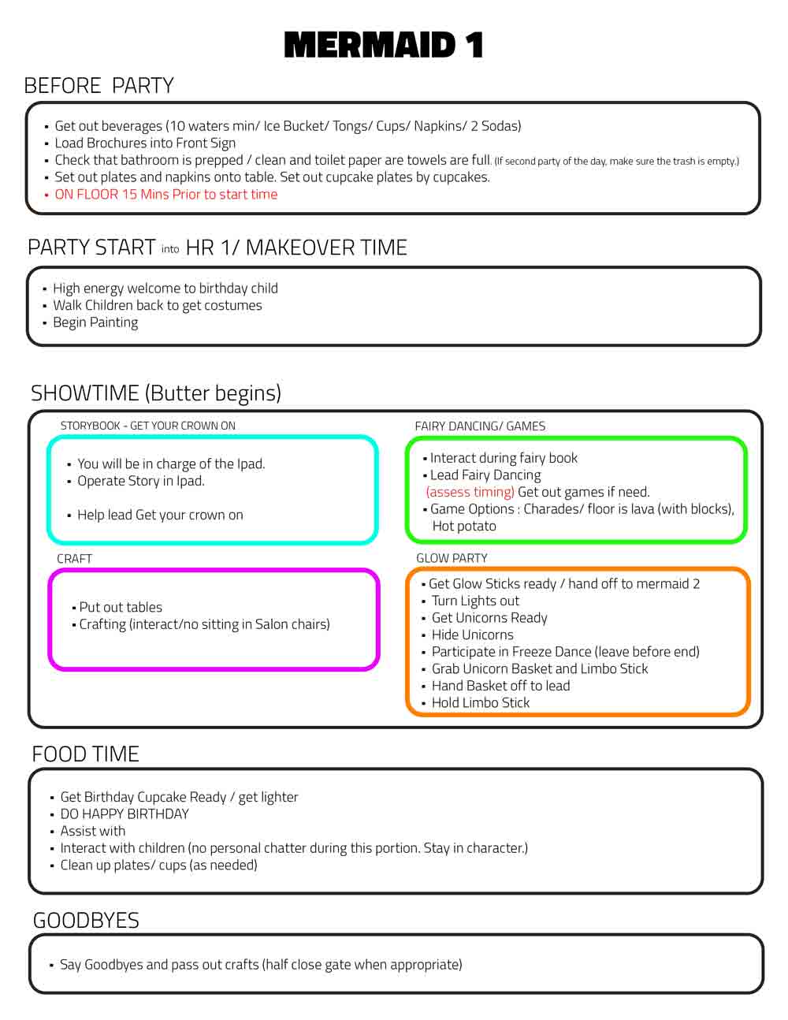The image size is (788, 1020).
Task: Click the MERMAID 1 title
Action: pos(384,45)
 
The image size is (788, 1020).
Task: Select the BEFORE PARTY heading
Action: pos(99,86)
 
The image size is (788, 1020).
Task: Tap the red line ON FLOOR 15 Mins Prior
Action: pos(166,195)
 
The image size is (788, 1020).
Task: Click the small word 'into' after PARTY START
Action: pos(170,249)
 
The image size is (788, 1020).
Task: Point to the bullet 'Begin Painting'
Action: pos(95,323)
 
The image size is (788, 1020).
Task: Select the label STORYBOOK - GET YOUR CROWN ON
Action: pos(148,426)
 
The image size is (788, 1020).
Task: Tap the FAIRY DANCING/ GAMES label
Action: pos(480,426)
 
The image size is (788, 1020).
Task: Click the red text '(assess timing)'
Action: pos(470,492)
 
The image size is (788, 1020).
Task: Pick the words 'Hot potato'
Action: pos(464,527)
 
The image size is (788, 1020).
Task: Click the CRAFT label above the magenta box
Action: pos(74,559)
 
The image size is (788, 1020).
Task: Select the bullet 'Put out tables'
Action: pos(121,608)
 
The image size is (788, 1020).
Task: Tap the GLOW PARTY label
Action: pos(452,558)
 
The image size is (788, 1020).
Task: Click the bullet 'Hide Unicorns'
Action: pos(472,635)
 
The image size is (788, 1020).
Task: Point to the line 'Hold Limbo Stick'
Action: pos(481,702)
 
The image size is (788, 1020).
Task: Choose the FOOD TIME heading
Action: pos(86,754)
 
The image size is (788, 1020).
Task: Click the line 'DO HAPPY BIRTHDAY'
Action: pos(125,814)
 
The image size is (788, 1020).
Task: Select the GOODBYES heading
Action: pos(87,921)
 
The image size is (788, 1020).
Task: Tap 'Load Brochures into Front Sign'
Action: pos(145,143)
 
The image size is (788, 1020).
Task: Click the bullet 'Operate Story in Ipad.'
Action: pos(141,481)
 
